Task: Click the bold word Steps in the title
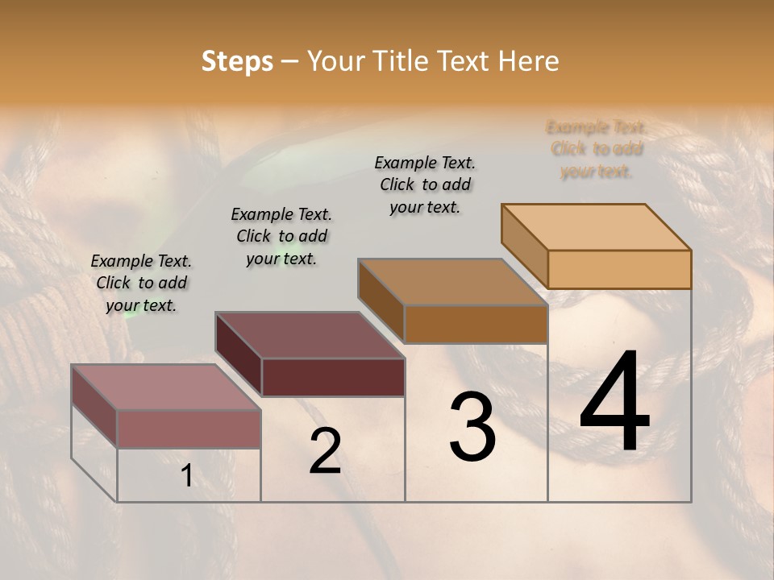coord(237,62)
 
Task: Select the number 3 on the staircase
coord(472,427)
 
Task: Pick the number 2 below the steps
coord(325,451)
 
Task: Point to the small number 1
coord(186,475)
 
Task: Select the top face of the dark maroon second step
coord(310,335)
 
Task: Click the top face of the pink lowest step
coord(166,387)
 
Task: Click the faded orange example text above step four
coord(597,149)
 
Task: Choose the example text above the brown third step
coord(425,184)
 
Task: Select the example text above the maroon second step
coord(281,236)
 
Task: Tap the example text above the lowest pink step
coord(141,283)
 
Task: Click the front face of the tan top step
coord(619,269)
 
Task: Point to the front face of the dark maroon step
coord(333,377)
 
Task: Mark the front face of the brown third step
coord(476,324)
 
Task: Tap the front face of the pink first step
coord(189,429)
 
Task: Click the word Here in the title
coord(528,62)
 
